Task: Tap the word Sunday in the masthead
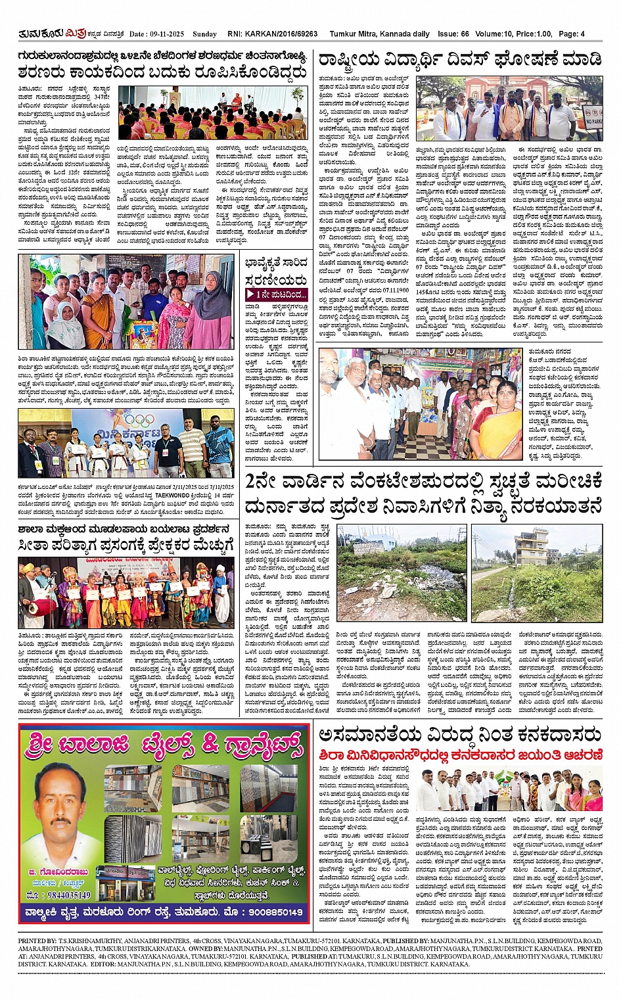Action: [205, 34]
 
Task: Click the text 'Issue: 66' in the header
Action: [453, 34]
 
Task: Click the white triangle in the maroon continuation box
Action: [250, 294]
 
